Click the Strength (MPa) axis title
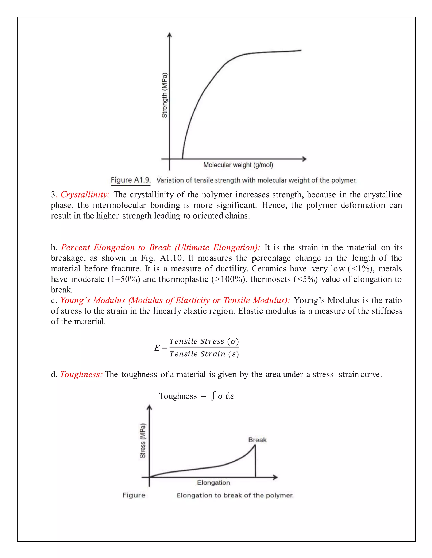point(164,95)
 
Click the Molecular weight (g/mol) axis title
point(238,165)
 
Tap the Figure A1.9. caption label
point(131,180)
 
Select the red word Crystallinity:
point(85,195)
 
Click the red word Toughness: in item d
point(81,375)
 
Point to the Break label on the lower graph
point(257,440)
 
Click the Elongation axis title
point(213,483)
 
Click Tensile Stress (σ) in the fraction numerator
point(204,341)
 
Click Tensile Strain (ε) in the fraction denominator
point(204,354)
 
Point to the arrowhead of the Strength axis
point(169,35)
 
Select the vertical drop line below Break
point(255,462)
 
